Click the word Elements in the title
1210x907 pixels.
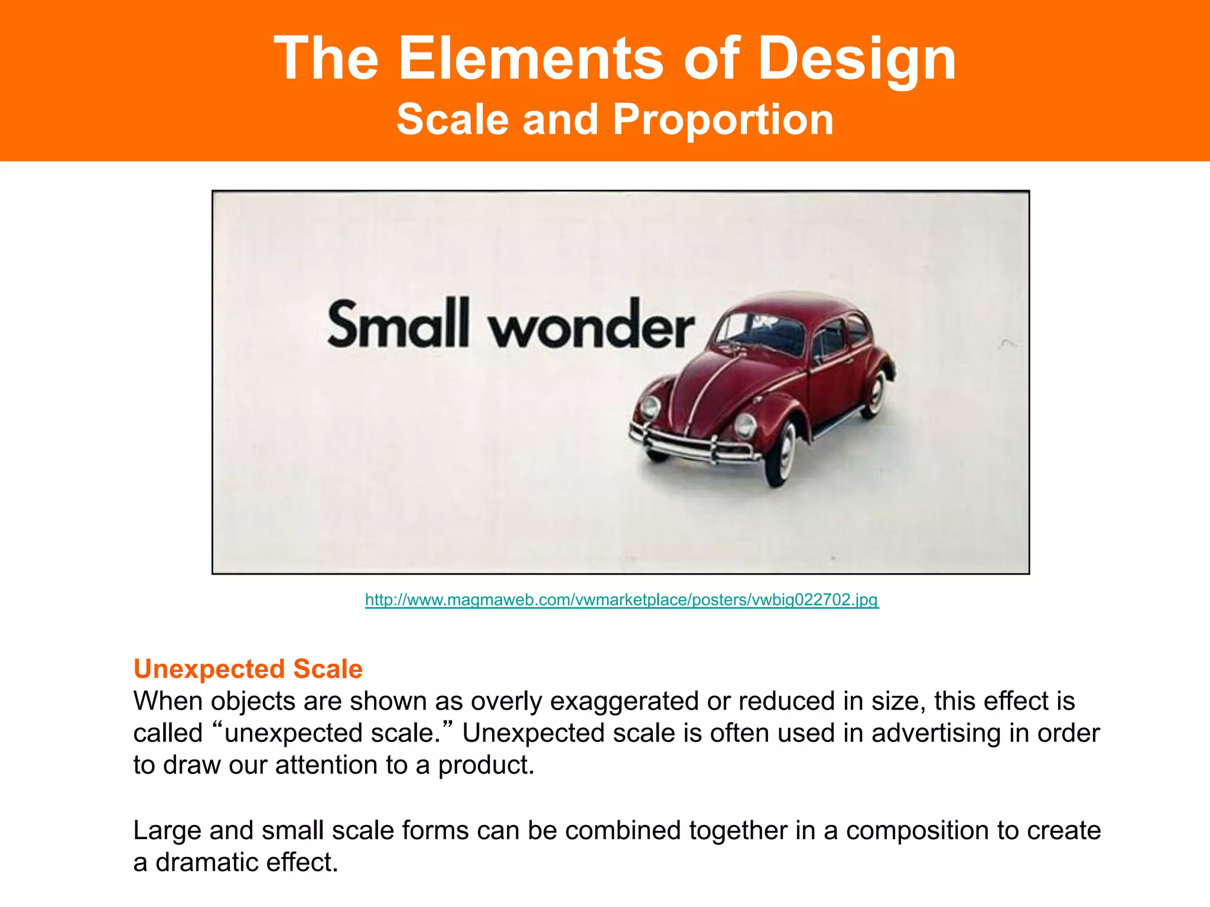(531, 58)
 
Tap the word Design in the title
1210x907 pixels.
(857, 60)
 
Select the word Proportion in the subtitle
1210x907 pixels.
(723, 120)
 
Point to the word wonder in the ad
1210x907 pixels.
(591, 328)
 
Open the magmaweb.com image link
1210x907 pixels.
(622, 600)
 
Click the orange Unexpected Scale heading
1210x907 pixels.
(248, 669)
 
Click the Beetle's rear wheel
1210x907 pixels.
(876, 392)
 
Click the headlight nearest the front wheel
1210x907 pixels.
(745, 425)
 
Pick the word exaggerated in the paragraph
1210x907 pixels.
(625, 702)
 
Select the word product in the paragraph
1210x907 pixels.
(486, 765)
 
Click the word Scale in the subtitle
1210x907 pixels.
(453, 120)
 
